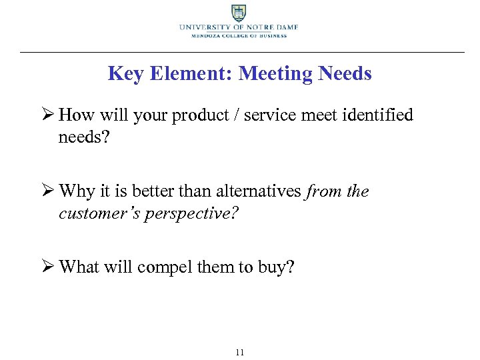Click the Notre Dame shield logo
[238, 13]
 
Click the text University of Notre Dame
[238, 27]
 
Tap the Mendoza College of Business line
[238, 36]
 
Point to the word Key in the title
[123, 73]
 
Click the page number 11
[239, 352]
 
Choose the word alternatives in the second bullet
[259, 192]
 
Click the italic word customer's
[100, 213]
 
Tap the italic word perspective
[191, 214]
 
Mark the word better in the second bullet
[153, 192]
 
